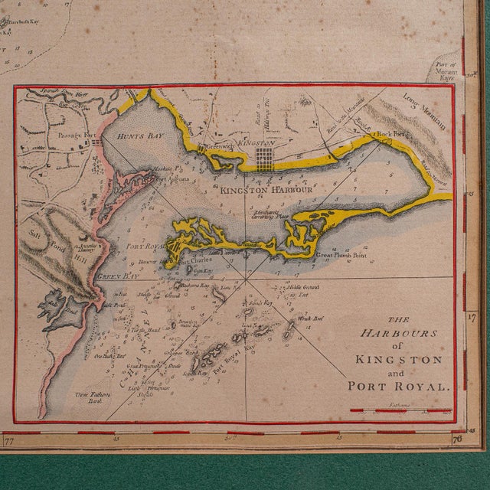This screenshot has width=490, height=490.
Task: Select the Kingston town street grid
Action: coord(264,160)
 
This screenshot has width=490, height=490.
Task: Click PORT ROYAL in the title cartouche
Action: coord(396,387)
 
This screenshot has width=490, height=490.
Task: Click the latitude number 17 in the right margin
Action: coord(472,315)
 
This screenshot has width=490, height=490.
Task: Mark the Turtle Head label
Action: coord(144,330)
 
